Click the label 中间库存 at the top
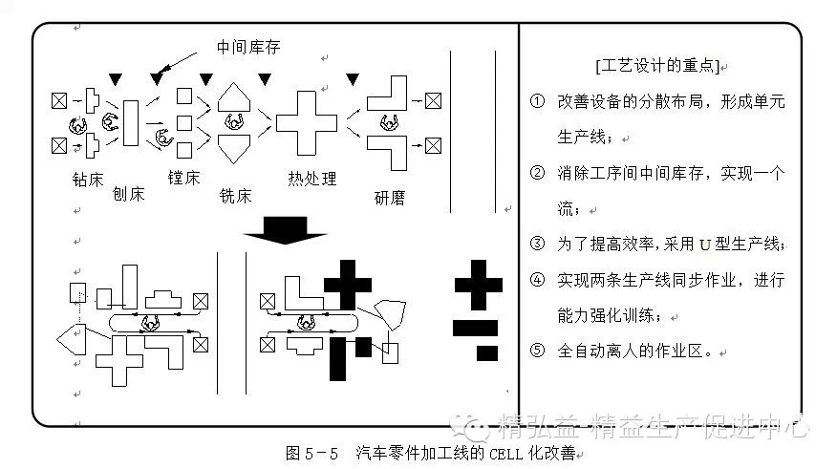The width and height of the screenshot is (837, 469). pyautogui.click(x=248, y=46)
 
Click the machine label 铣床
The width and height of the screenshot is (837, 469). pyautogui.click(x=235, y=196)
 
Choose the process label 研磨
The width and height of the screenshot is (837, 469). pyautogui.click(x=390, y=198)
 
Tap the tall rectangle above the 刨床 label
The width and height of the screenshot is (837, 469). pyautogui.click(x=131, y=124)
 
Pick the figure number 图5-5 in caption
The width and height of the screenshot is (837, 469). pyautogui.click(x=312, y=452)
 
